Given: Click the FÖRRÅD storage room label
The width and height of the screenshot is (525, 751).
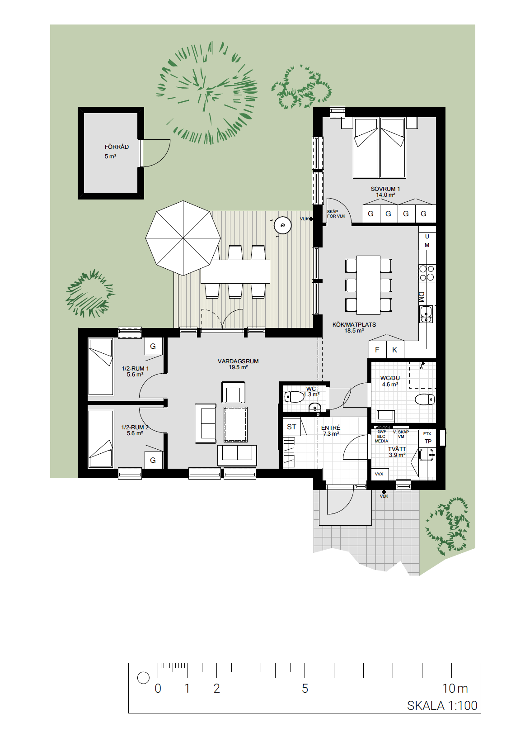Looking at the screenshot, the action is pyautogui.click(x=117, y=147).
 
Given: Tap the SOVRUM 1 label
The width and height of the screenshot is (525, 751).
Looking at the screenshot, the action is pyautogui.click(x=385, y=189).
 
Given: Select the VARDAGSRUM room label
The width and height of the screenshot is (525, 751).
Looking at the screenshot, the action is pyautogui.click(x=238, y=361).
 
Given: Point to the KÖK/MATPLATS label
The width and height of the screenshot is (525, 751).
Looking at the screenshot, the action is pyautogui.click(x=354, y=325).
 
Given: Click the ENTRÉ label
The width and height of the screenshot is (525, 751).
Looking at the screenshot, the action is pyautogui.click(x=330, y=428).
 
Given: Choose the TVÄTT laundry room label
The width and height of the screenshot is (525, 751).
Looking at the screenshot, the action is pyautogui.click(x=397, y=449).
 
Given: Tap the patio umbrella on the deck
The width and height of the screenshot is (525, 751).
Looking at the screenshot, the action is pyautogui.click(x=183, y=238).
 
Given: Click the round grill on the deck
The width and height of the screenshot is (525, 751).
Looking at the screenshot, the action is pyautogui.click(x=282, y=225).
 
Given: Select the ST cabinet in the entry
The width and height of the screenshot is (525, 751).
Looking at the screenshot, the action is pyautogui.click(x=291, y=427).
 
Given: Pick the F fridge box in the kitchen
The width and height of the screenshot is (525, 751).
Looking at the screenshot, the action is pyautogui.click(x=377, y=350).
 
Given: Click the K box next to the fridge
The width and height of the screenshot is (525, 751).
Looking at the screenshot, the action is pyautogui.click(x=395, y=350).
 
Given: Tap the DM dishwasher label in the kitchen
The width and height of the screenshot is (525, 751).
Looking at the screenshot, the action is pyautogui.click(x=422, y=297).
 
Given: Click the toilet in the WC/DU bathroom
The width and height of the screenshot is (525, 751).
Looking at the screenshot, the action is pyautogui.click(x=425, y=399).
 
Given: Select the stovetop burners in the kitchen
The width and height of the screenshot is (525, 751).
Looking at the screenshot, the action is pyautogui.click(x=427, y=273).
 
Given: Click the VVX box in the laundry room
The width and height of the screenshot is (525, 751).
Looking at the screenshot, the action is pyautogui.click(x=379, y=474).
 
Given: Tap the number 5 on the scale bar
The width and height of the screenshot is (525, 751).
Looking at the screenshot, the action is pyautogui.click(x=305, y=688).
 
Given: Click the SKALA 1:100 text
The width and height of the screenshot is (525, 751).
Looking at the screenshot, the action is pyautogui.click(x=442, y=705).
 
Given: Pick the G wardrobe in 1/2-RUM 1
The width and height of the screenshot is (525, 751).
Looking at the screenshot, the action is pyautogui.click(x=153, y=347).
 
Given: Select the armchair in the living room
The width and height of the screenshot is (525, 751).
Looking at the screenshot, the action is pyautogui.click(x=234, y=392).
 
